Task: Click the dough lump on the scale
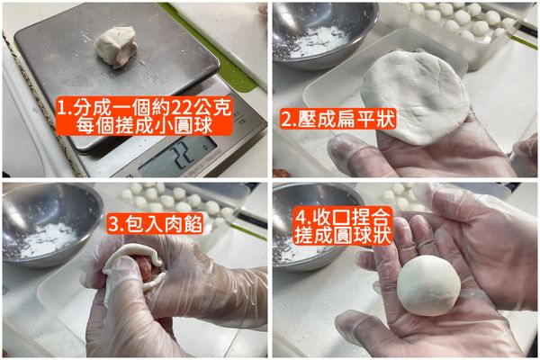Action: [x=116, y=46]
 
